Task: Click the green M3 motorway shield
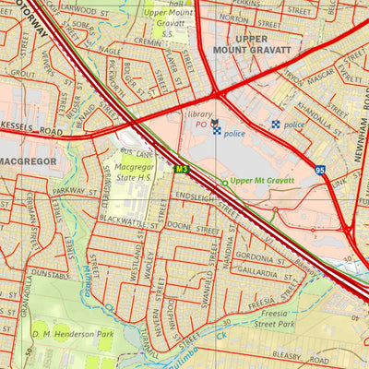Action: point(182,168)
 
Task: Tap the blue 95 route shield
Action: point(320,170)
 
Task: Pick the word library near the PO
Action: point(200,114)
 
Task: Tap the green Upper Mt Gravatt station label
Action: point(262,182)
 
